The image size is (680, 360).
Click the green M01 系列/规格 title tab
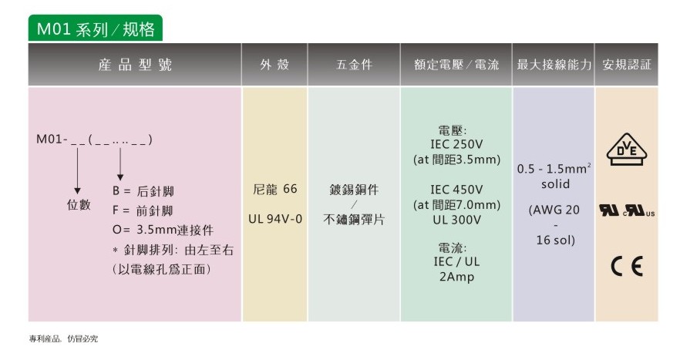[x=96, y=29]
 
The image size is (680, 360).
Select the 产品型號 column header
[x=135, y=65]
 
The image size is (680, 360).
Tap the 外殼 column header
[x=274, y=65]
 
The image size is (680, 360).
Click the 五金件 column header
[x=354, y=65]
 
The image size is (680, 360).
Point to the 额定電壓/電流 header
[x=456, y=65]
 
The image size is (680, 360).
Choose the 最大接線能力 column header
[x=554, y=65]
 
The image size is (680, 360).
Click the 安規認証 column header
[x=627, y=65]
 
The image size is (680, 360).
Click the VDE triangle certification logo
[x=627, y=150]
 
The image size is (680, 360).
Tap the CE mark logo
[x=627, y=266]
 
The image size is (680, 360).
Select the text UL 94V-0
[x=275, y=219]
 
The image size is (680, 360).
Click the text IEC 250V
[x=456, y=144]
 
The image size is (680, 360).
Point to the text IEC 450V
[x=456, y=190]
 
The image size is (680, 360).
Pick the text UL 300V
[x=456, y=220]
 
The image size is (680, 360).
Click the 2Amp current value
[x=456, y=277]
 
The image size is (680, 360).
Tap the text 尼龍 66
[x=275, y=189]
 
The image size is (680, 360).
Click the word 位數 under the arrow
[x=79, y=205]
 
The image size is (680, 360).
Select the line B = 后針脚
[x=143, y=191]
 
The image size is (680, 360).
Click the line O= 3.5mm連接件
[x=163, y=230]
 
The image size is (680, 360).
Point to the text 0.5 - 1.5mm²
[x=554, y=168]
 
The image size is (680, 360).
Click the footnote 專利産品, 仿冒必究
[x=63, y=338]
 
